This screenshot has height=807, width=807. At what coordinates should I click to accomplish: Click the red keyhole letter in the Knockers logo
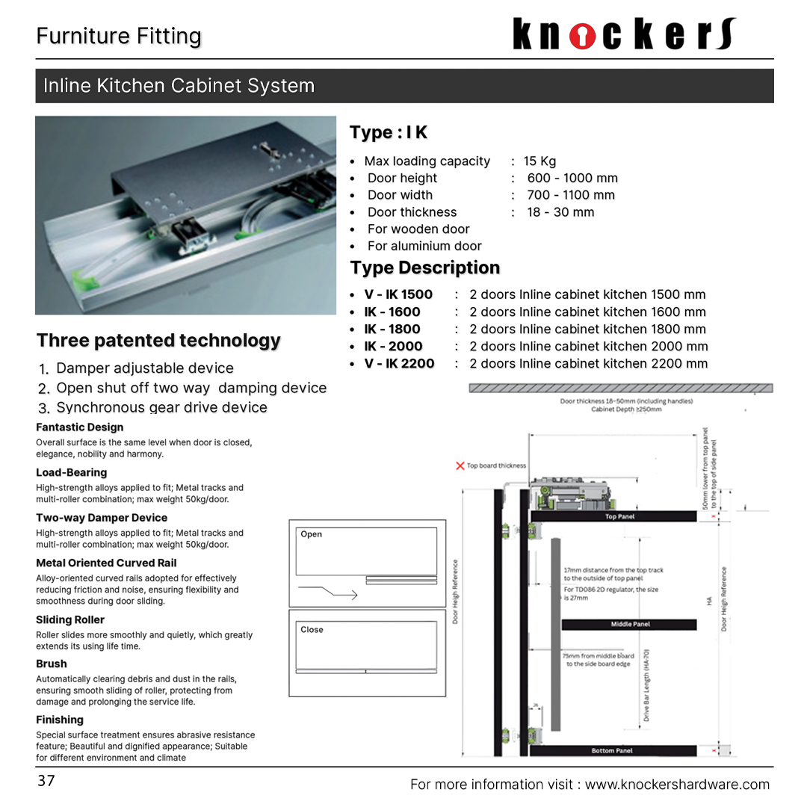tap(583, 35)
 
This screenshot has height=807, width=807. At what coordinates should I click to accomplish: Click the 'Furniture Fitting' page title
tap(119, 37)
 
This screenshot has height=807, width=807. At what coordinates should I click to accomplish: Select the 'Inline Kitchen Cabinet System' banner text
tap(179, 86)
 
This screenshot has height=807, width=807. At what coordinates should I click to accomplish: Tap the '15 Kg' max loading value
tap(539, 161)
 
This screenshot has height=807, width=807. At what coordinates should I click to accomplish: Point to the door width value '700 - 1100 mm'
tap(571, 195)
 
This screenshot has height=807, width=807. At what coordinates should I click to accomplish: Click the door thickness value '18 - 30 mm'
tap(560, 212)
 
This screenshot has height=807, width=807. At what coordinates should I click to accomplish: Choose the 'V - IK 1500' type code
tap(398, 294)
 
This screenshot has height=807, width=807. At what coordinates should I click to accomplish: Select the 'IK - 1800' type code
tap(392, 329)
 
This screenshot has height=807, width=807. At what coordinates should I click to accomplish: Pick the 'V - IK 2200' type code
tap(399, 364)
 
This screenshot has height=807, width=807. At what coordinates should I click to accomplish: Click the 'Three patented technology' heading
tap(158, 341)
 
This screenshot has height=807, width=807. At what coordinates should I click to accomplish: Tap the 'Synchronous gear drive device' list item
tap(161, 407)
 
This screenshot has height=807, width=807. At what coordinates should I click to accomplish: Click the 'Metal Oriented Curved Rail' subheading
tap(106, 563)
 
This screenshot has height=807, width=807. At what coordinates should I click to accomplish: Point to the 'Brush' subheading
tap(52, 664)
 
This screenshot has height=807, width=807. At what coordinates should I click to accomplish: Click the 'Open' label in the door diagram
tap(311, 534)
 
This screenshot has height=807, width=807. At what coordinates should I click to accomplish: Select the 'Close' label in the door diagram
tap(312, 630)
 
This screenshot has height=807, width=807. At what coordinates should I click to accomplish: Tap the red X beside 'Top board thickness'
tap(460, 466)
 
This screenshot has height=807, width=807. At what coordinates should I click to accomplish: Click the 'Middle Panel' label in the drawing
tap(630, 624)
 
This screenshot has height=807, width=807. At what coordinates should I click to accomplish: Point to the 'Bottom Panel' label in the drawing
tap(612, 750)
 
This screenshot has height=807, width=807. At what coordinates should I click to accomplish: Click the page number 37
tap(46, 781)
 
